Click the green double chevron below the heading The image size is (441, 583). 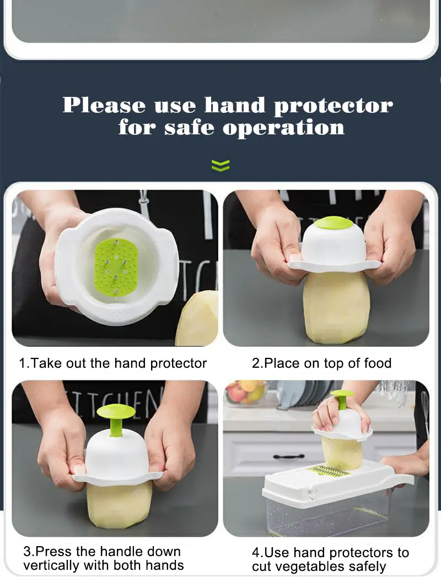[220, 165]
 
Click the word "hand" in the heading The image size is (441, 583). [235, 105]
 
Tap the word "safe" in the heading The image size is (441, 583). [189, 128]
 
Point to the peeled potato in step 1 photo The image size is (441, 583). [197, 318]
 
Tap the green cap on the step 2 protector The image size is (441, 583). [334, 223]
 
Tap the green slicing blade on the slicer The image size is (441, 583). [329, 471]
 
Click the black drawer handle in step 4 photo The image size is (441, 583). [289, 456]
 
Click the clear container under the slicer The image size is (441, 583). [327, 514]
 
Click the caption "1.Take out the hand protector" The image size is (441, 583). [113, 363]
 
